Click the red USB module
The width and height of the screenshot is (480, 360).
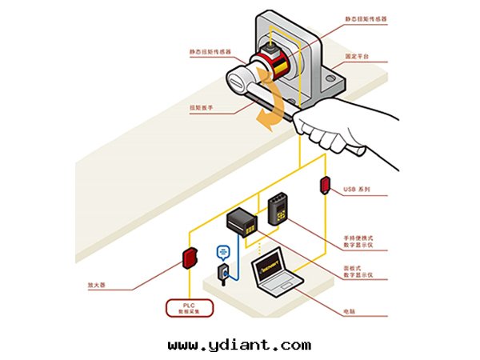click(x=326, y=185)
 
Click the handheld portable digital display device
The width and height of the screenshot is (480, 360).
click(x=278, y=209)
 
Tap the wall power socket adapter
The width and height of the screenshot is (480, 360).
click(x=225, y=273)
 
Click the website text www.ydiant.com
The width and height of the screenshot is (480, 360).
click(x=239, y=346)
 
